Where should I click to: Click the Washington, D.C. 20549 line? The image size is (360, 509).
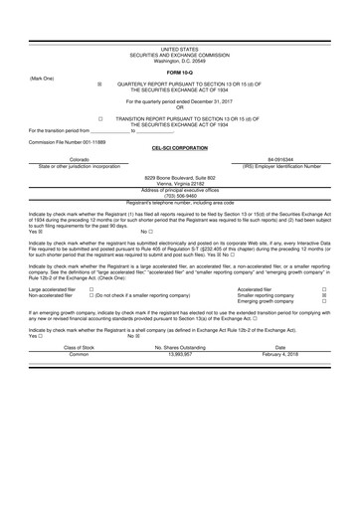coord(180,61)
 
